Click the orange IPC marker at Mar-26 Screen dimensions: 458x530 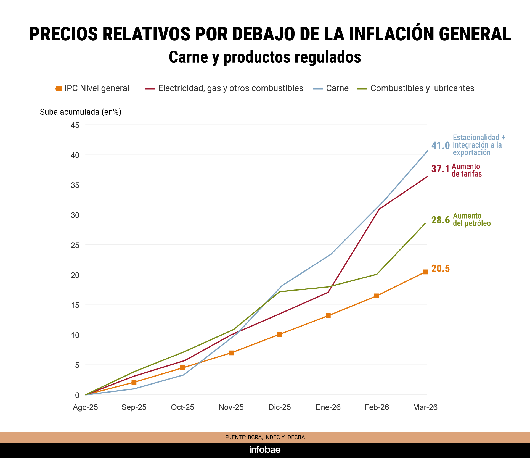pos(425,272)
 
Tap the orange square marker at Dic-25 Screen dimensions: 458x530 pos(280,334)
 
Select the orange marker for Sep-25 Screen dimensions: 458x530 pos(134,382)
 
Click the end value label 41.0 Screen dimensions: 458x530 pos(440,146)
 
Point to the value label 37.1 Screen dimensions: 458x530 pos(440,169)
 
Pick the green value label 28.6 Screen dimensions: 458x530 pos(440,220)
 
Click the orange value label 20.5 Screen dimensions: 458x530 pos(440,269)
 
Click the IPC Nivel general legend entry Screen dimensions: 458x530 pos(93,88)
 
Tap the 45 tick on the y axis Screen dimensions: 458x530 pos(75,125)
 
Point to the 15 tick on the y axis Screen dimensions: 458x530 pos(75,305)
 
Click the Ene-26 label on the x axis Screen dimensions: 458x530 pos(328,407)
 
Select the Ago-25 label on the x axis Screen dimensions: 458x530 pos(85,407)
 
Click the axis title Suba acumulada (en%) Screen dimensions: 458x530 pos(81,112)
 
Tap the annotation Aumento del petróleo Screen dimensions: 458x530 pos(471,220)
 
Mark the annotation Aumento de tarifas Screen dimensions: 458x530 pos(467,170)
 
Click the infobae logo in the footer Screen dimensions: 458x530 pos(265,450)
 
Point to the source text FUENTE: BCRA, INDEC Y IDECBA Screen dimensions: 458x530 pos(265,437)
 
